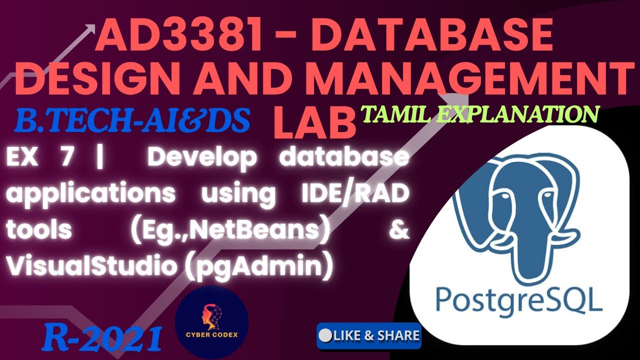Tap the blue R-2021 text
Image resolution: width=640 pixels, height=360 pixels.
(102, 337)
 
